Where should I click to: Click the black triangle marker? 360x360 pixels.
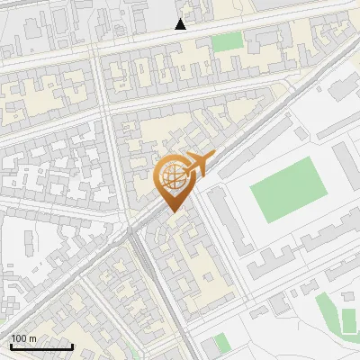pos(181,24)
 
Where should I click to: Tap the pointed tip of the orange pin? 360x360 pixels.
pos(174,211)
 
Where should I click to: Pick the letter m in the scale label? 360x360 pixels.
pos(33,338)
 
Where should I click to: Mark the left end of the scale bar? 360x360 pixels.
pos(11,346)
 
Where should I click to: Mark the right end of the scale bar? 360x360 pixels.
pos(72,346)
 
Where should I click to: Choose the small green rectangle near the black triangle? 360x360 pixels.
pos(228,41)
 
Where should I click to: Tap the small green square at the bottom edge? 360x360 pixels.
pos(221,343)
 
